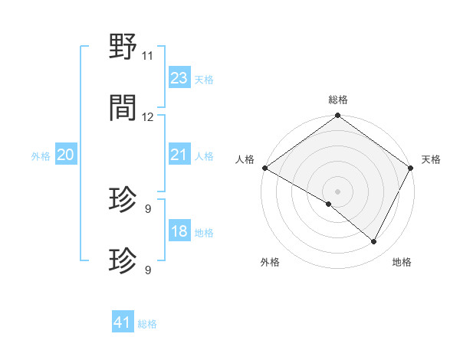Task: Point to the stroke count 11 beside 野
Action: tap(147, 56)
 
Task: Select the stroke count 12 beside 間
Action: tap(148, 117)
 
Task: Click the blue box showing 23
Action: tap(179, 78)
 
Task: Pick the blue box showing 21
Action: tap(179, 155)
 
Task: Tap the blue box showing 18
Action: tap(179, 231)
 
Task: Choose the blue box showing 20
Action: tap(66, 155)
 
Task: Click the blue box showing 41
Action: tap(123, 322)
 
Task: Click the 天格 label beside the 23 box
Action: tap(203, 79)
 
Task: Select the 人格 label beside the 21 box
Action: tap(203, 155)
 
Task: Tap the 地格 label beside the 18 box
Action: tap(203, 232)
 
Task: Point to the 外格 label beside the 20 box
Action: tap(41, 155)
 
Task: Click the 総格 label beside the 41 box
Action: tap(146, 323)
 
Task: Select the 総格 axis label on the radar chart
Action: tap(337, 100)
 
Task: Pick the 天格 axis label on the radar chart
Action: tap(431, 159)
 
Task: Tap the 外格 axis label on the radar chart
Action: tap(270, 262)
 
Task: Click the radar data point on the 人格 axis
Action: tap(264, 168)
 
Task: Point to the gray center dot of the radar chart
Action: tap(337, 191)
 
